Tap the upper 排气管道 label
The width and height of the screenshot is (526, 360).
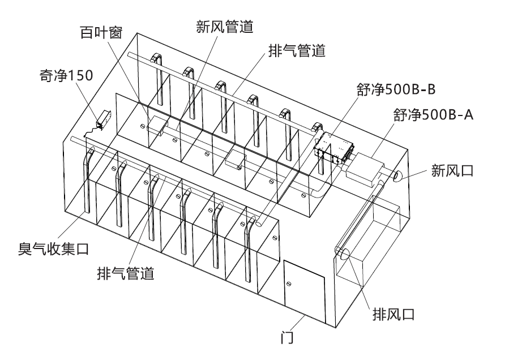[296, 51]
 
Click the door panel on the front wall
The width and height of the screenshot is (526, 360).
[304, 289]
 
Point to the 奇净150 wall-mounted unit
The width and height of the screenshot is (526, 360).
[102, 118]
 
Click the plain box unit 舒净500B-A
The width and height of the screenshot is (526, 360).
[363, 167]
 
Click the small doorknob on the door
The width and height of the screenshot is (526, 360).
[289, 283]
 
